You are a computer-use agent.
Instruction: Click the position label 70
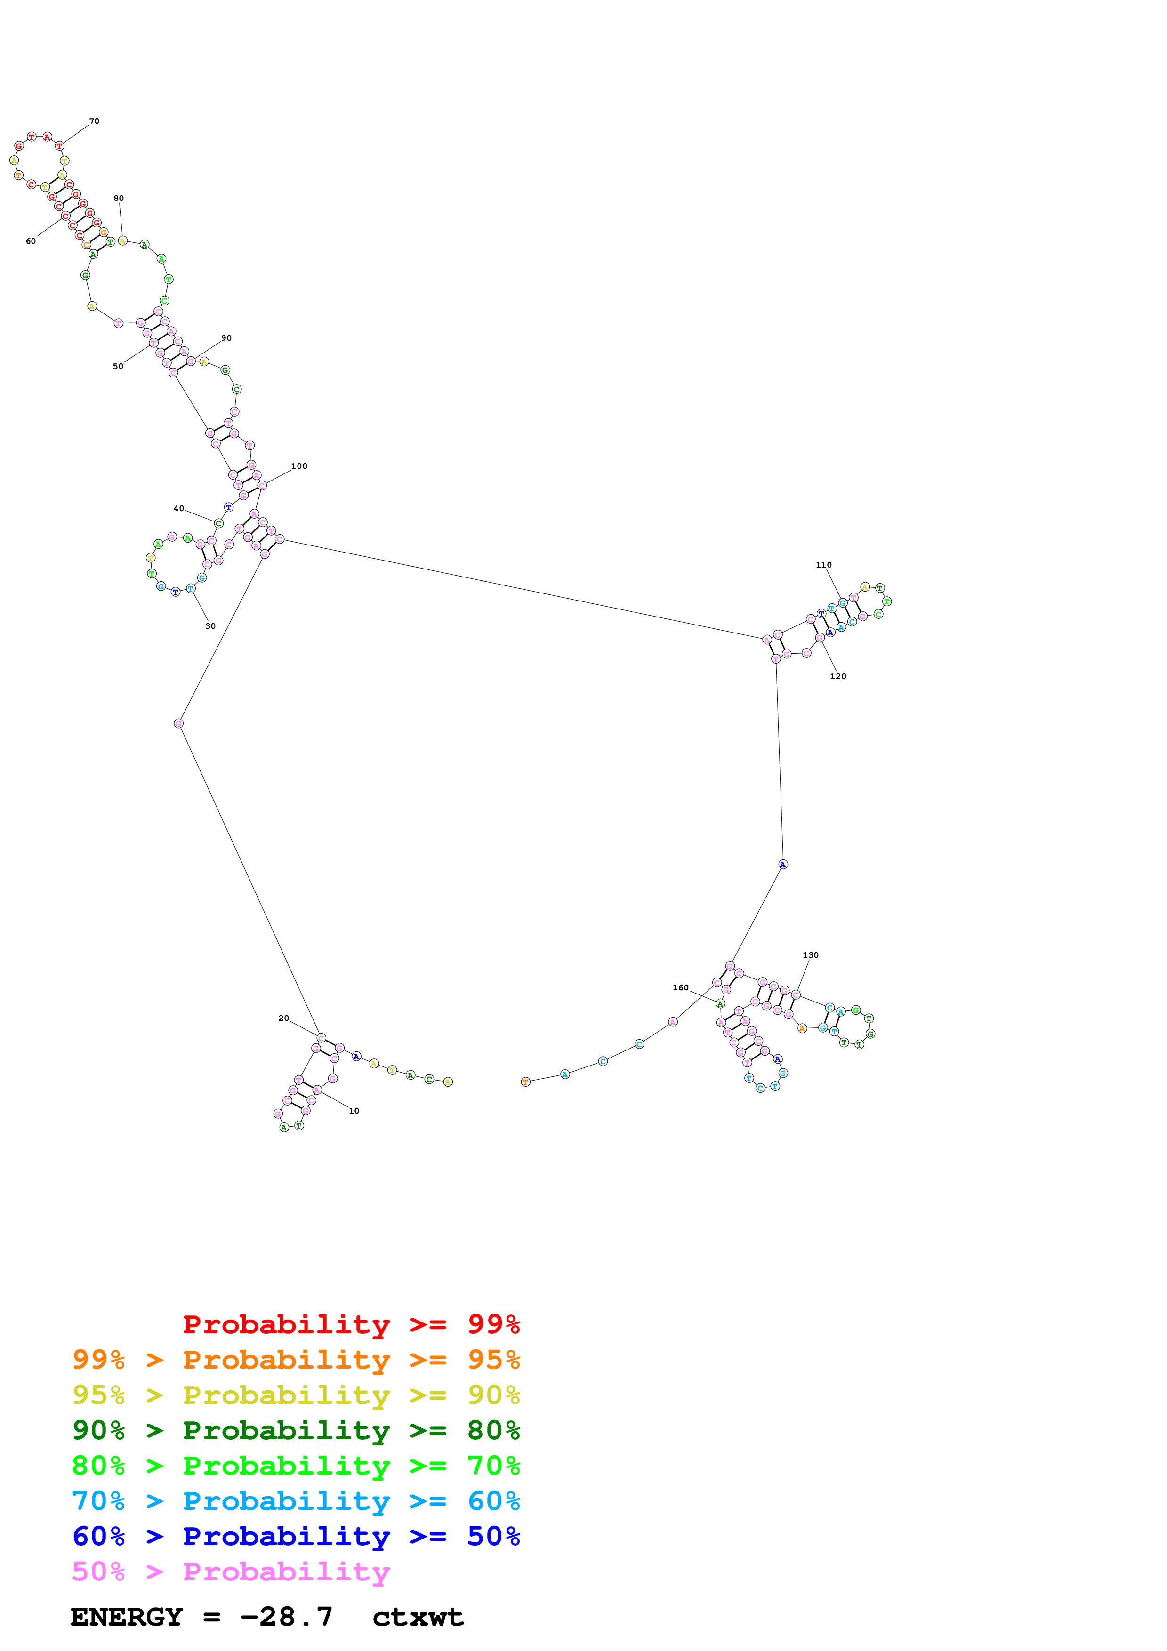(94, 121)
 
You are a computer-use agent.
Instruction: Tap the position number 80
(119, 199)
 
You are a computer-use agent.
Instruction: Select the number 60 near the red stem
(31, 241)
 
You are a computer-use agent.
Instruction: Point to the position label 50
(118, 367)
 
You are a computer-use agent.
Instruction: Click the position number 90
(226, 338)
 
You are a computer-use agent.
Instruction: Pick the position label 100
(299, 466)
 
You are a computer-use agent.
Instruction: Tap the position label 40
(178, 508)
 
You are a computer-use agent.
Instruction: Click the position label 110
(823, 565)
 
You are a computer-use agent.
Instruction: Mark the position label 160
(680, 987)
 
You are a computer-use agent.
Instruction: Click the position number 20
(283, 1018)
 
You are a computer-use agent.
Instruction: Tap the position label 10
(354, 1111)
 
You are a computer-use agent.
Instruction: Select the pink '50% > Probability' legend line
(230, 1572)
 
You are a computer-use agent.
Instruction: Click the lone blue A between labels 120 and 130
(783, 865)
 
